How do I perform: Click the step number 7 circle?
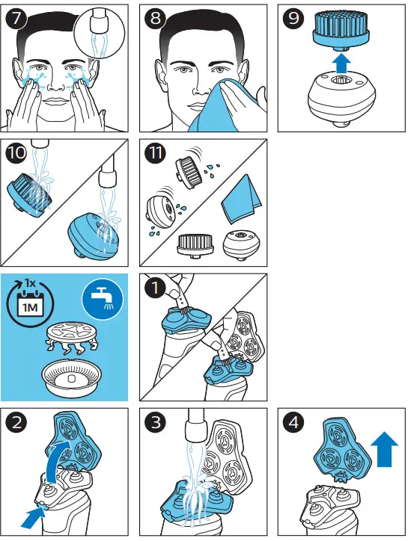point(16,17)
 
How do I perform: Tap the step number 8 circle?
point(155,17)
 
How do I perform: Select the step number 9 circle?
point(293,17)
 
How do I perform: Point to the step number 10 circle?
point(16,152)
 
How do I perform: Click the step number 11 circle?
point(155,152)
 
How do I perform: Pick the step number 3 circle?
point(155,421)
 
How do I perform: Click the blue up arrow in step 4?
point(384,450)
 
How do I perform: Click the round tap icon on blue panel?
point(103,299)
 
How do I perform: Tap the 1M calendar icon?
point(30,303)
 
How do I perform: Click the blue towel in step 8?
point(227,105)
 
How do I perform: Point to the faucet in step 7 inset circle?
point(98,20)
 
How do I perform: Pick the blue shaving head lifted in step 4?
point(342,448)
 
